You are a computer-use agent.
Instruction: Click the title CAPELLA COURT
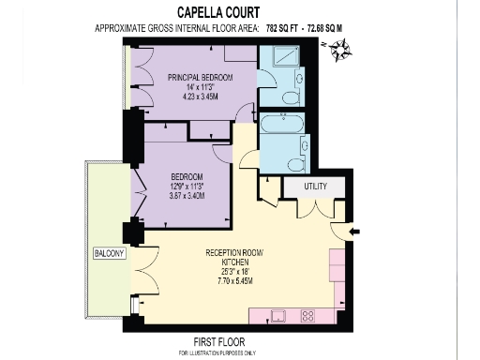239,14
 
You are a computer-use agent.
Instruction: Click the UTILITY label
315,187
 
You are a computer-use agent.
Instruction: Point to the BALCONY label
109,254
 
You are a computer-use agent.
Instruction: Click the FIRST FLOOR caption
226,340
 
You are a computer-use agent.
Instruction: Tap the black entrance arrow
352,230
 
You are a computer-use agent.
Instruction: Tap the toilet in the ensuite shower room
292,96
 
